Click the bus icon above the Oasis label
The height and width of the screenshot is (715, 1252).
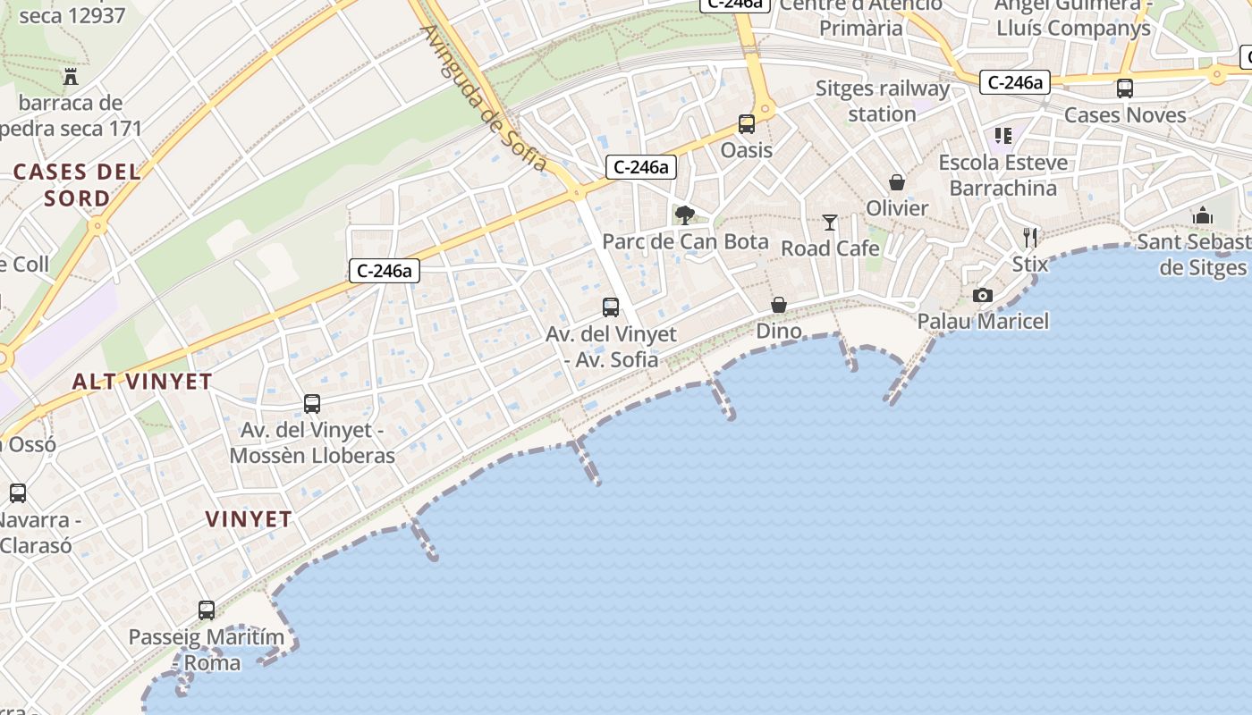tap(746, 124)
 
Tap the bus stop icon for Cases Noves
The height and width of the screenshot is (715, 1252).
tap(1125, 88)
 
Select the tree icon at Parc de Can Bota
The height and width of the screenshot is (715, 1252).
tap(685, 214)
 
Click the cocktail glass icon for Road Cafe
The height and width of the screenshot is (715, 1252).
tap(830, 222)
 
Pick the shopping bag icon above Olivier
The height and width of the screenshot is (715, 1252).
tap(897, 182)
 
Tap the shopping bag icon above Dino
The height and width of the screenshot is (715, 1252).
tap(779, 305)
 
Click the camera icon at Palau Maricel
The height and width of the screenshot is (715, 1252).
tap(982, 295)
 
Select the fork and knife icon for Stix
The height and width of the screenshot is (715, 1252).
tap(1030, 238)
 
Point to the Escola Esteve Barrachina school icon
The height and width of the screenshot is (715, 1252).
tap(1003, 136)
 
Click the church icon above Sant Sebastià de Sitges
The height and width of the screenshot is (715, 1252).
tap(1203, 215)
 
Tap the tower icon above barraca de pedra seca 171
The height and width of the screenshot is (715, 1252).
tap(71, 77)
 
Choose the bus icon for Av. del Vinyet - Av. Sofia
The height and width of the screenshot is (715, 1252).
tap(611, 307)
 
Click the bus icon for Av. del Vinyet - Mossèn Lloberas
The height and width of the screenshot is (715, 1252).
tap(312, 404)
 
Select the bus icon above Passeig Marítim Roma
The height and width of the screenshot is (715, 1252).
tap(207, 610)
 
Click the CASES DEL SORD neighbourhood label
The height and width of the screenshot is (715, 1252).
tap(77, 184)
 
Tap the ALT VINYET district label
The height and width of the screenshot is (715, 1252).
tap(142, 382)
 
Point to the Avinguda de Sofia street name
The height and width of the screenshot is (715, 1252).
tap(483, 97)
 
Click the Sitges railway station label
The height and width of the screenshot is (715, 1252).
tap(883, 101)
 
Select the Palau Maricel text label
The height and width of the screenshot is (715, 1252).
tap(983, 321)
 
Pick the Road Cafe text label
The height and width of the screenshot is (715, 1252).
tap(831, 248)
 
